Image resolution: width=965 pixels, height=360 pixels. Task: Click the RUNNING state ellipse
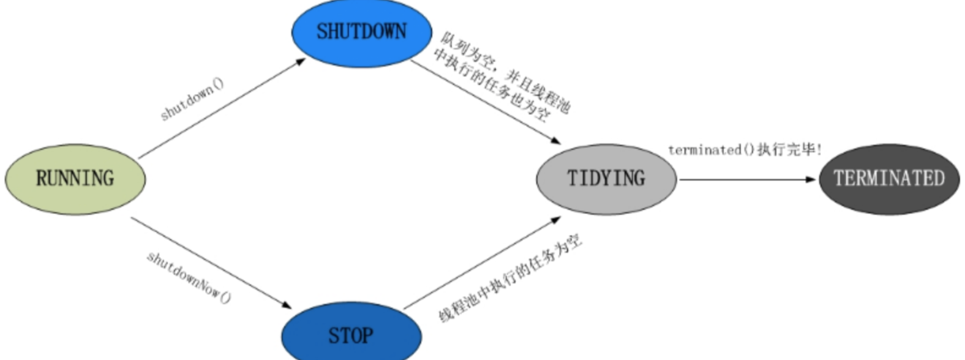click(x=75, y=179)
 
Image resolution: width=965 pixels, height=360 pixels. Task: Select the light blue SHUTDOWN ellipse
click(x=361, y=32)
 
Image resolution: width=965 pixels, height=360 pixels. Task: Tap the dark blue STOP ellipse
click(x=351, y=334)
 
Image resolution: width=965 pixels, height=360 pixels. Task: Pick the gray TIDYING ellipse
click(x=606, y=179)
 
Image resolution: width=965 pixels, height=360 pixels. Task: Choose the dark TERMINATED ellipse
click(x=889, y=179)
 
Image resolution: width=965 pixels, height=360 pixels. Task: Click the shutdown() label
click(x=192, y=99)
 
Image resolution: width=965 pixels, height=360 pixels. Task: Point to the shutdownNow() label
click(x=189, y=277)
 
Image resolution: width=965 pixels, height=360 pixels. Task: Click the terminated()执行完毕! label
click(x=745, y=149)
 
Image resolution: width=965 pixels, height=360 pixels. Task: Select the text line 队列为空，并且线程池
click(x=506, y=73)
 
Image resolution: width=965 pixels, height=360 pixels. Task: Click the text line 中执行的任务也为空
click(x=490, y=86)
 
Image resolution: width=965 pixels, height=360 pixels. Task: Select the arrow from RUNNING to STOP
click(x=211, y=262)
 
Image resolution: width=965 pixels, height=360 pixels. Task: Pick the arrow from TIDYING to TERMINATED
click(x=747, y=179)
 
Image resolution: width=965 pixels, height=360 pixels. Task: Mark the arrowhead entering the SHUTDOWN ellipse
click(x=300, y=61)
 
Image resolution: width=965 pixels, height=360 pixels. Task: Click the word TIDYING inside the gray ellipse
click(x=606, y=179)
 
